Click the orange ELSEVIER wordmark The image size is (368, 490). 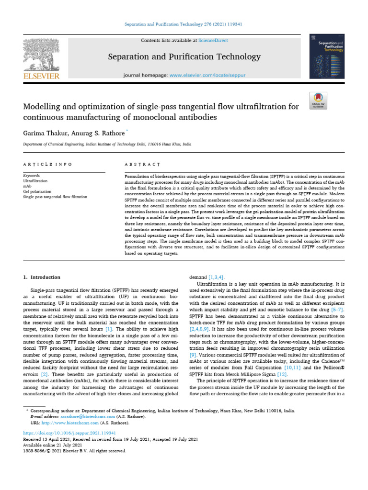(42, 76)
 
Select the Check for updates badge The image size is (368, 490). (318, 100)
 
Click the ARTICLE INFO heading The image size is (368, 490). (48, 164)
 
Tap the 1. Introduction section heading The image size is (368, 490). (42, 277)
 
